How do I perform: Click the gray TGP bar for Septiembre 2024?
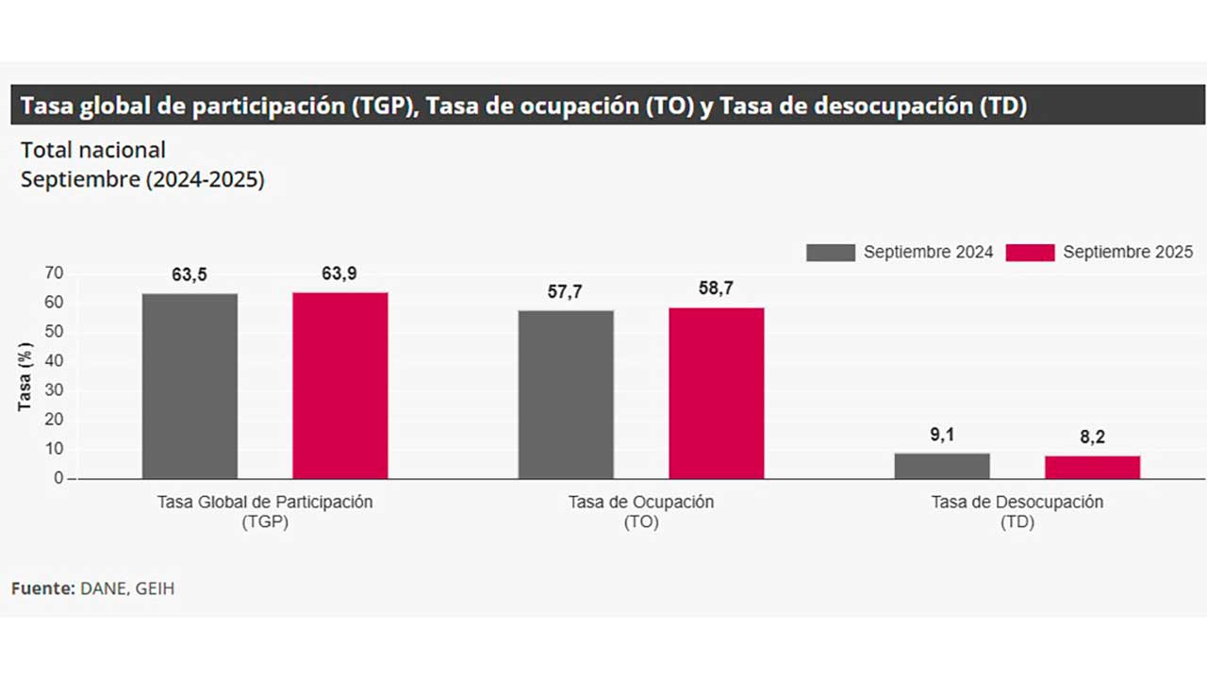click(x=190, y=386)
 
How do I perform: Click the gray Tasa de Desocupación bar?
click(x=942, y=466)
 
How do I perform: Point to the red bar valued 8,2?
click(x=1092, y=467)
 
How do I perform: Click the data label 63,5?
click(x=190, y=274)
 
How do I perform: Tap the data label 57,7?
click(x=565, y=291)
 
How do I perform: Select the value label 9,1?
click(x=941, y=435)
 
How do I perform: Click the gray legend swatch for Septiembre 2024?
click(x=830, y=253)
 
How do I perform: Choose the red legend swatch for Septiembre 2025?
click(x=1030, y=253)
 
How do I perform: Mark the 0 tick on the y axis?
click(x=58, y=478)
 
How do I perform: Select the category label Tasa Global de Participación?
click(x=265, y=502)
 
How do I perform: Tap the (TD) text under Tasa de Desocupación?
click(x=1017, y=522)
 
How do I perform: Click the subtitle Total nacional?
click(x=93, y=150)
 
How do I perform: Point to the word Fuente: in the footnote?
click(x=43, y=588)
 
